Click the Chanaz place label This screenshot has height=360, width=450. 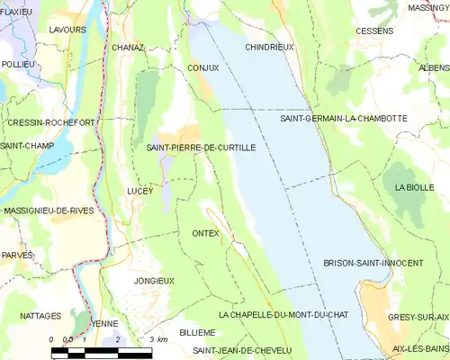(129, 47)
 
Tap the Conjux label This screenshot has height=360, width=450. (203, 67)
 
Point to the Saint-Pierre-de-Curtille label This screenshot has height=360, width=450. (201, 147)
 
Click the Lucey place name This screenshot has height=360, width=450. (140, 191)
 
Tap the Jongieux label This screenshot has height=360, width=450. (154, 281)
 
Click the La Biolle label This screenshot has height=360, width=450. (414, 186)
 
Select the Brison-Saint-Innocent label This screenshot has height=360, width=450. (373, 263)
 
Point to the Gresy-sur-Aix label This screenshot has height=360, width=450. (418, 317)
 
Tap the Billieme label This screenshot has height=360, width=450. (197, 332)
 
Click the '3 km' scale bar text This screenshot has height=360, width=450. (158, 339)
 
